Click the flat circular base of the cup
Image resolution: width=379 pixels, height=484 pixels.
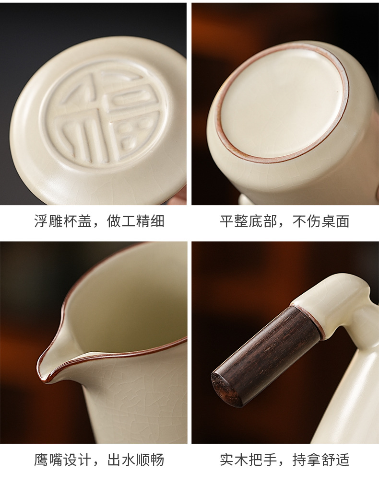283,104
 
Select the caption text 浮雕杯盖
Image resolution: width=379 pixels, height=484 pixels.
63,221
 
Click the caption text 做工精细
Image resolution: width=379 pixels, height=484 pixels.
135,221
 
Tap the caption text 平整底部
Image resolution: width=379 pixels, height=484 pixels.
249,221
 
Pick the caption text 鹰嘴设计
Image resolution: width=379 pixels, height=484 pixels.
63,460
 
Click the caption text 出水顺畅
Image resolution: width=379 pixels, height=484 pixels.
135,460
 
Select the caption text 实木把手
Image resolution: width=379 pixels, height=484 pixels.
249,460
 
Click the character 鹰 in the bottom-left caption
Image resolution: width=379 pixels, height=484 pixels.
41,460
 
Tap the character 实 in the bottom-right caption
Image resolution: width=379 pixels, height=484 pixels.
227,460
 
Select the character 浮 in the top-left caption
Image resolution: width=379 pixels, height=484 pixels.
41,221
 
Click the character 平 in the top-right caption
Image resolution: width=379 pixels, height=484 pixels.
227,221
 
